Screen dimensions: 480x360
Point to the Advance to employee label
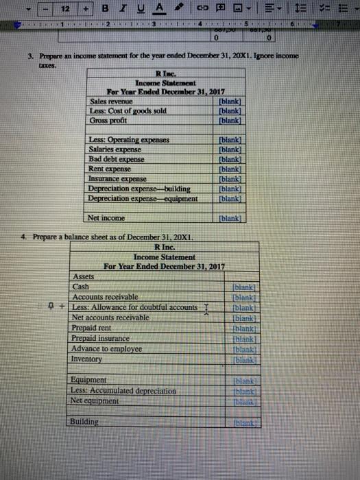click(107, 349)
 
